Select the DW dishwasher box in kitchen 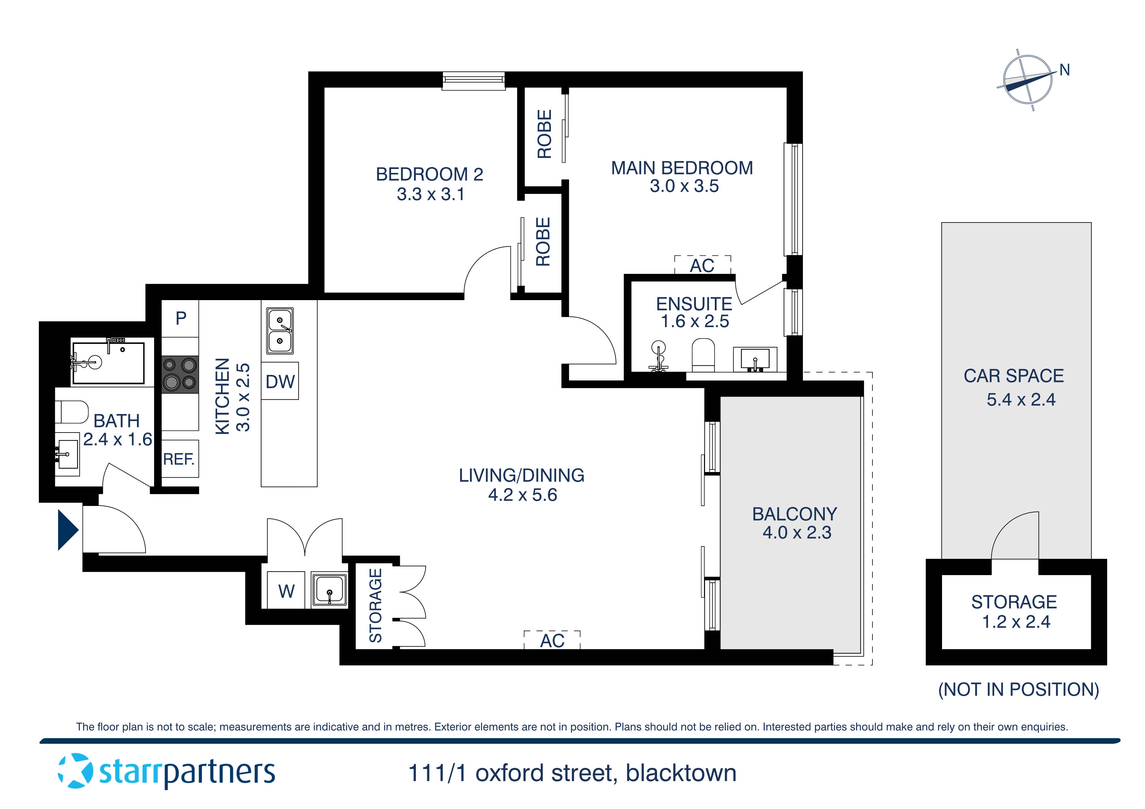coord(280,381)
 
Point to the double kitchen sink coord(280,330)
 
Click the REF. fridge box coord(180,459)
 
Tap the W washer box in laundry coord(286,591)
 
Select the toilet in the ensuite coord(703,355)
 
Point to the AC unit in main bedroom coord(702,265)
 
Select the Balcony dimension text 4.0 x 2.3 coord(796,533)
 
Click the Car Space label coord(1013,376)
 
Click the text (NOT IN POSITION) coord(1018,689)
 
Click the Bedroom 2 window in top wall coord(473,81)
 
